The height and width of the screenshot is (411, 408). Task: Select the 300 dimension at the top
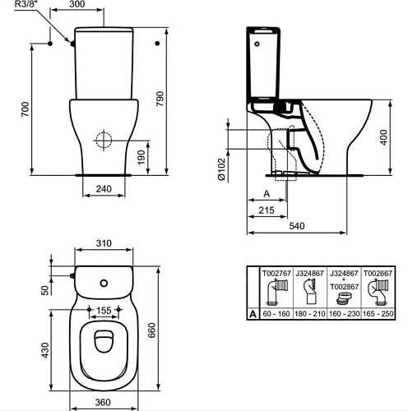[x=76, y=4]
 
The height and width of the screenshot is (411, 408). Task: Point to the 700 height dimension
[x=25, y=109]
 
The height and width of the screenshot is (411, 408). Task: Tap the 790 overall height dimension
[x=160, y=99]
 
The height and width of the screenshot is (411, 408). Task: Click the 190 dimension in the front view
[x=141, y=157]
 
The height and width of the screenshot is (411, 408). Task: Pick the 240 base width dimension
[x=104, y=189]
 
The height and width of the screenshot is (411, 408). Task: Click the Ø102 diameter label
[x=221, y=169]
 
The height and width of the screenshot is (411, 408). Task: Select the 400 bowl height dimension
[x=383, y=137]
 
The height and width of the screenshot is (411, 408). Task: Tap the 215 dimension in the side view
[x=267, y=210]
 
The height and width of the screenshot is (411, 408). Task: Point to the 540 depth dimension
[x=297, y=226]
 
